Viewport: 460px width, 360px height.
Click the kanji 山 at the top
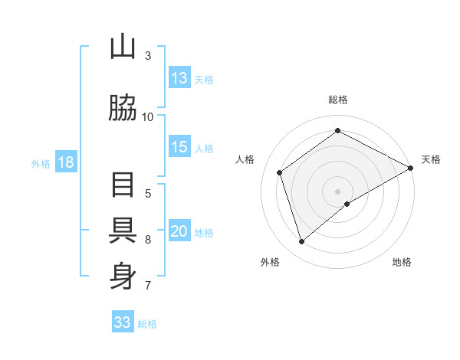click(x=123, y=47)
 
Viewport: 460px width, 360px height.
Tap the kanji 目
click(x=123, y=185)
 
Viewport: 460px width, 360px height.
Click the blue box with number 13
click(x=179, y=78)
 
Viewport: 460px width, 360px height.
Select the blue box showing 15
click(x=179, y=147)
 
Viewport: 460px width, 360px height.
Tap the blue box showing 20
click(x=179, y=231)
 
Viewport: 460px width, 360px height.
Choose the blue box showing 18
click(x=65, y=162)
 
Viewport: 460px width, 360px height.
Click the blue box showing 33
click(x=123, y=322)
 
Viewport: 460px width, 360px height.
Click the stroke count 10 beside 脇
click(x=148, y=116)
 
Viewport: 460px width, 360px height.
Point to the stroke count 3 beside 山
click(x=148, y=55)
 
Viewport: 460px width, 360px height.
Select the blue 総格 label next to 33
click(x=147, y=324)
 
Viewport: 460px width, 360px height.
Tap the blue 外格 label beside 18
click(x=41, y=163)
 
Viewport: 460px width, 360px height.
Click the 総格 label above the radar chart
click(x=338, y=100)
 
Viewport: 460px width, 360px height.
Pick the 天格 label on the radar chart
click(x=431, y=159)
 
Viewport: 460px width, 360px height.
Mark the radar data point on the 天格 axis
click(x=411, y=168)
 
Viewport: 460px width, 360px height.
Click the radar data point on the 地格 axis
click(x=347, y=204)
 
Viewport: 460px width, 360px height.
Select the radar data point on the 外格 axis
click(x=301, y=242)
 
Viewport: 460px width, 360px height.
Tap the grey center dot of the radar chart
click(x=338, y=191)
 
